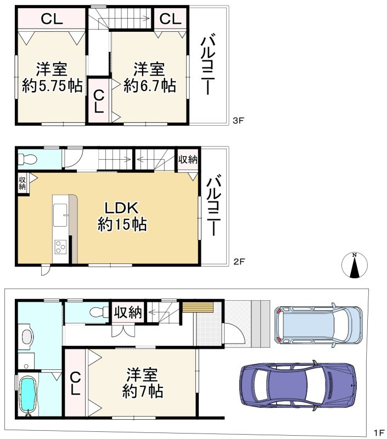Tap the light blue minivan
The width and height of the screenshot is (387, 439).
point(318,325)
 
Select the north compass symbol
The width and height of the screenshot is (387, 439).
point(355,265)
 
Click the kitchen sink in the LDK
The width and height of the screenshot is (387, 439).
point(60,215)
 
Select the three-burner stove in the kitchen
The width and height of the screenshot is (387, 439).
point(60,246)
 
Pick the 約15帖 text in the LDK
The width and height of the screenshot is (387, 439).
point(122,224)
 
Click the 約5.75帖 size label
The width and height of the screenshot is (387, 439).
point(52,86)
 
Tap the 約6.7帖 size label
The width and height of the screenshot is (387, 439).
point(150,86)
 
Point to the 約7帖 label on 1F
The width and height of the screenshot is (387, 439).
point(143,391)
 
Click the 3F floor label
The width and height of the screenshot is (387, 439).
point(239,121)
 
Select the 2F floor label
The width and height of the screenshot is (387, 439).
point(239,262)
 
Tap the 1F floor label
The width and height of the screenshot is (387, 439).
point(379,432)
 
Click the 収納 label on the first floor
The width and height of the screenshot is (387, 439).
point(128,312)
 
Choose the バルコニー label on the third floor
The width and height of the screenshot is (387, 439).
point(207,64)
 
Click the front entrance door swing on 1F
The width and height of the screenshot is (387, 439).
point(234,334)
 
